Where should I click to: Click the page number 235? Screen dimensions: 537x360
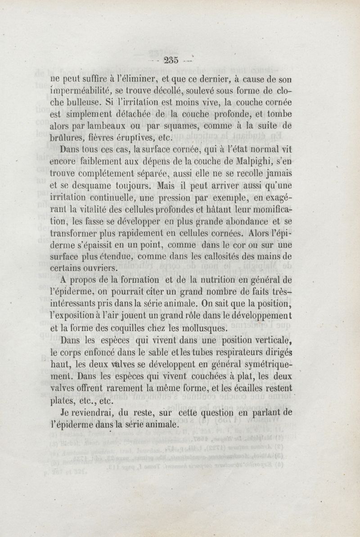[x=172, y=60]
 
